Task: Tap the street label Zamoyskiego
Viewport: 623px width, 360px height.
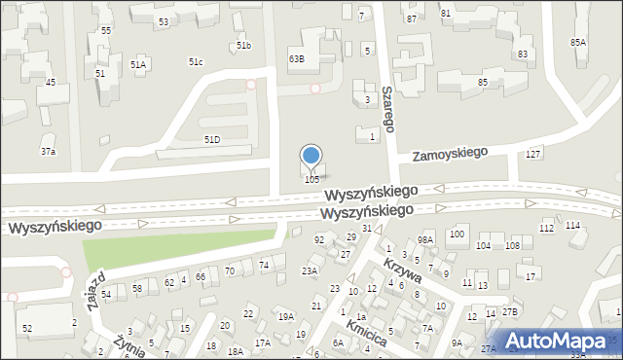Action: pyautogui.click(x=449, y=155)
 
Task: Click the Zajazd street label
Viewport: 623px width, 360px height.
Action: pyautogui.click(x=95, y=289)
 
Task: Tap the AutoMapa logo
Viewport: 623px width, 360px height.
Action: pyautogui.click(x=560, y=341)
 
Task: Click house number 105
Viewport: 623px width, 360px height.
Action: pyautogui.click(x=311, y=179)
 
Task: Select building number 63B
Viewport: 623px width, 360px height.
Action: pyautogui.click(x=296, y=58)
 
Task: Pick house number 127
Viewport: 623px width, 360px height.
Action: pyautogui.click(x=532, y=156)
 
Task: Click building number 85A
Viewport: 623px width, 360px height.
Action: pyautogui.click(x=578, y=42)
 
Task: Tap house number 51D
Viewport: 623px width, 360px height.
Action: pyautogui.click(x=211, y=140)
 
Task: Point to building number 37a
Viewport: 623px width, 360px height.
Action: pyautogui.click(x=48, y=152)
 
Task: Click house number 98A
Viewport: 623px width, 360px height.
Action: pyautogui.click(x=424, y=239)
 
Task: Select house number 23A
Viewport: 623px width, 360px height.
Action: pyautogui.click(x=310, y=271)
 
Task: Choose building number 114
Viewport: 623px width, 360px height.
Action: pyautogui.click(x=572, y=225)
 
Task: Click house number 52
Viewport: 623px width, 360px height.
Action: pyautogui.click(x=27, y=329)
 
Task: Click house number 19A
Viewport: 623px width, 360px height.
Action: pyautogui.click(x=285, y=316)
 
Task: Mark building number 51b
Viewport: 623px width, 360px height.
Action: pyautogui.click(x=243, y=46)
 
